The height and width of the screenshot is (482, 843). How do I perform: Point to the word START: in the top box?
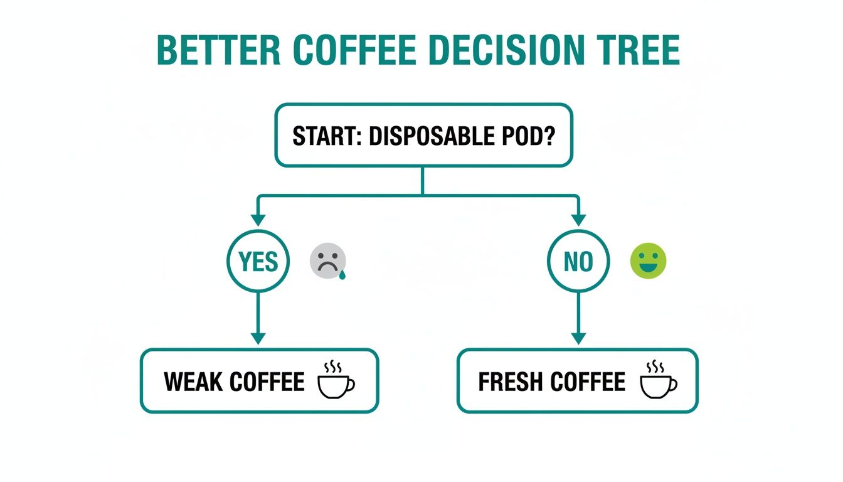pyautogui.click(x=327, y=136)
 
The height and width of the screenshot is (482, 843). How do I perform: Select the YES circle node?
pyautogui.click(x=258, y=262)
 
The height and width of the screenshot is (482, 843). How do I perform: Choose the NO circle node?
pyautogui.click(x=578, y=262)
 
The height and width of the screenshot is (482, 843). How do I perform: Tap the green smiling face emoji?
pyautogui.click(x=648, y=262)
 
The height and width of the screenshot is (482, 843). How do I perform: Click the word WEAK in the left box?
pyautogui.click(x=192, y=382)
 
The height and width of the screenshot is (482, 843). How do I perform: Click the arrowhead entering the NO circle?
pyautogui.click(x=578, y=220)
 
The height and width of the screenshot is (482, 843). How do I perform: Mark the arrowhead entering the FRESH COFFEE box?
pyautogui.click(x=578, y=338)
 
